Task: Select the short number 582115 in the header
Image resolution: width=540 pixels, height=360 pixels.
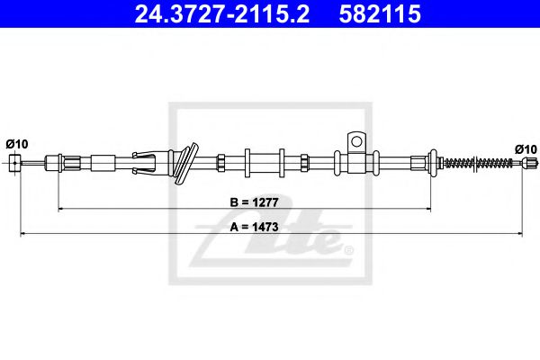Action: point(379,14)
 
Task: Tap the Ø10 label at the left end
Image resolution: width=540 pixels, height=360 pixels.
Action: point(15,144)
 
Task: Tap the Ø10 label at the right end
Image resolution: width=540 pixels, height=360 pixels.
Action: point(526,148)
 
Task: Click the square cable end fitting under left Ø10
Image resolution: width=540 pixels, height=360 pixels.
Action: point(15,162)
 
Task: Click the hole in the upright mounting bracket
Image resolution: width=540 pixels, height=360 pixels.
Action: point(356,140)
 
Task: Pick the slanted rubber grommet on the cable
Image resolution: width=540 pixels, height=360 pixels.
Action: point(185,162)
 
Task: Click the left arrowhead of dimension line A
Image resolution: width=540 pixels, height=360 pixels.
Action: point(22,236)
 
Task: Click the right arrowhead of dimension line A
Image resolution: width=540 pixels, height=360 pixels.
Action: point(521,236)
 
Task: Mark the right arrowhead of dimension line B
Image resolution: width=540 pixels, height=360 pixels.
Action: point(427,209)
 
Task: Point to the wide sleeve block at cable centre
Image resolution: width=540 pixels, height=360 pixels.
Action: point(262,163)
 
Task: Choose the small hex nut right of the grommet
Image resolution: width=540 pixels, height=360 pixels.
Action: point(219,163)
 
